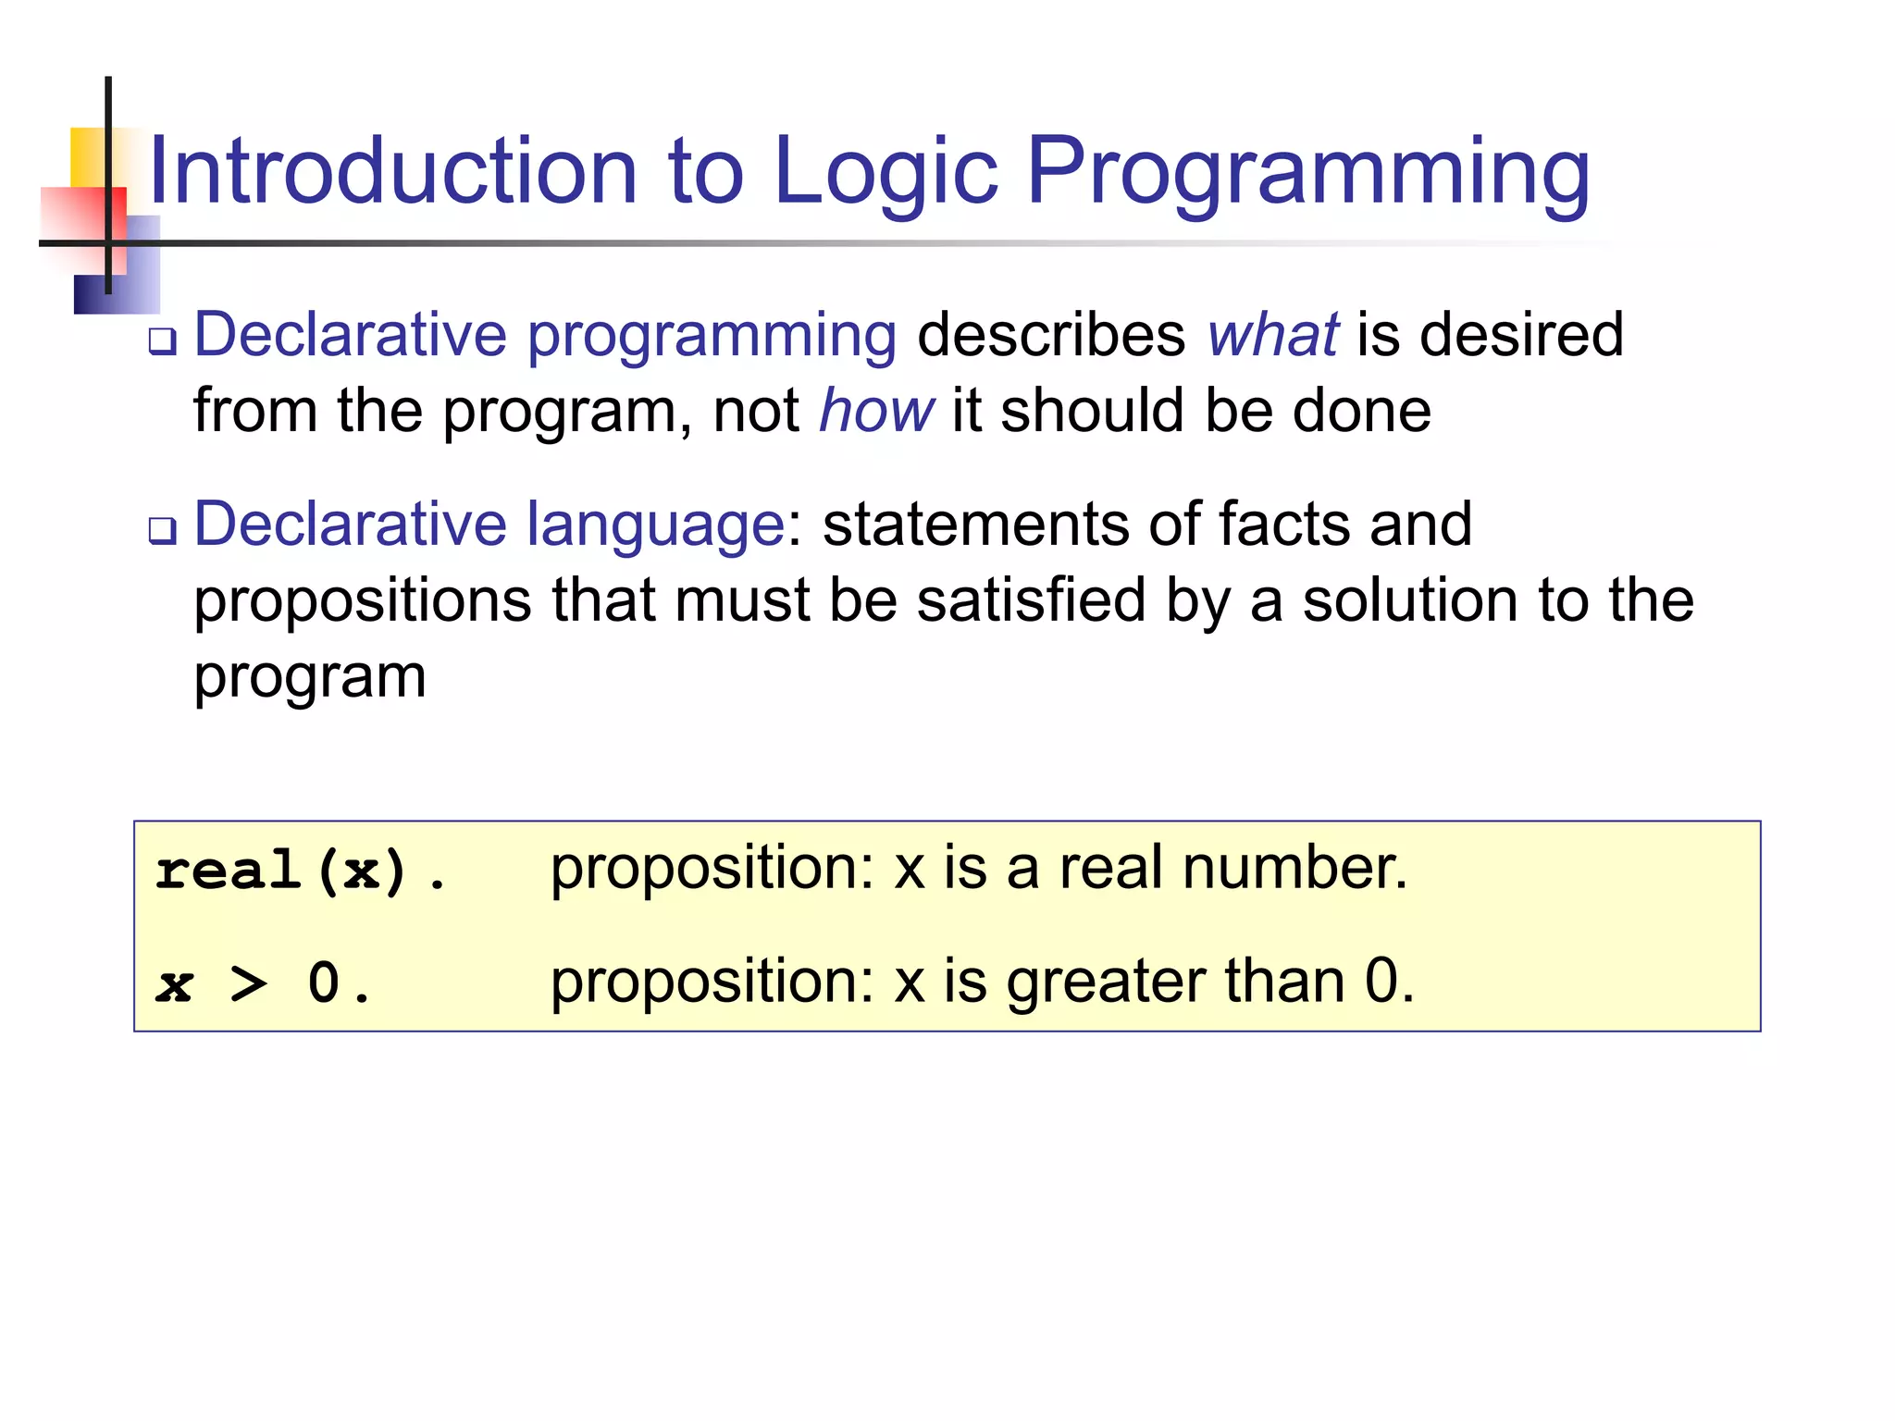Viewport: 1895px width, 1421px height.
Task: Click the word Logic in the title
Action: pos(886,172)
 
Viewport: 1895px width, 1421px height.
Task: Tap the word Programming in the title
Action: pos(1308,172)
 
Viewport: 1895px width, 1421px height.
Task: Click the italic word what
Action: pos(1272,335)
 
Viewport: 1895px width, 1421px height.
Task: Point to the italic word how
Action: pos(876,411)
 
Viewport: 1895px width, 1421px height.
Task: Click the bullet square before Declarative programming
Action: pos(163,341)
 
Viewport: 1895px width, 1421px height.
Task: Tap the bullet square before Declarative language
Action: pos(163,531)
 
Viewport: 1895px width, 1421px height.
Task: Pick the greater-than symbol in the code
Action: pos(248,983)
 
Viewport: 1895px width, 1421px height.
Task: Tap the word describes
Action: pos(1051,335)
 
